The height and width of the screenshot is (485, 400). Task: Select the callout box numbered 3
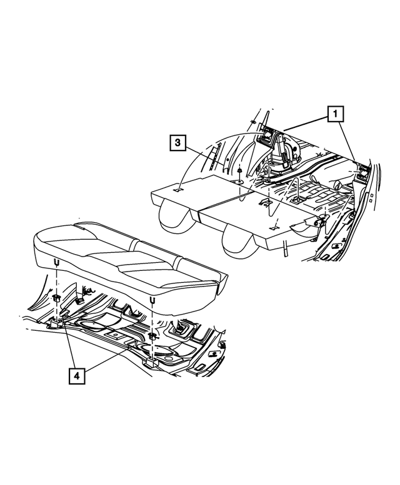click(178, 144)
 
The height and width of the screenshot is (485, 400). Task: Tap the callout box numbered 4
click(76, 376)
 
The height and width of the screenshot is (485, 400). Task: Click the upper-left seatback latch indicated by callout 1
click(269, 133)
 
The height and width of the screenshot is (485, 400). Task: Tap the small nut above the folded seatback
click(239, 170)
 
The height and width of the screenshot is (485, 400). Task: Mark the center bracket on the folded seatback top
click(264, 203)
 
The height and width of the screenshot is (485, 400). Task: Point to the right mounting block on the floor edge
click(151, 362)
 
